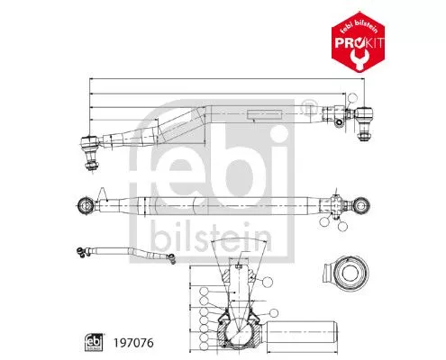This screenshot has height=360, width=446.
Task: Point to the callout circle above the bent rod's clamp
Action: [x=358, y=95]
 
